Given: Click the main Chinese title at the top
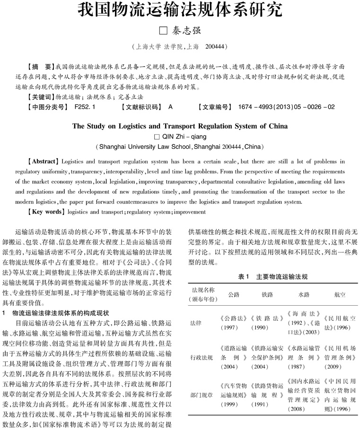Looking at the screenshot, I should (x=180, y=10).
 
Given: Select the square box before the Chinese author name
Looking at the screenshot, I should (x=162, y=31).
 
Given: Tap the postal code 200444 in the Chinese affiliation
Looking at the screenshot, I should (x=216, y=47).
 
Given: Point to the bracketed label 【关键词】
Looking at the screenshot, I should (x=41, y=97).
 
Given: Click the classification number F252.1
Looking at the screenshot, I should (x=85, y=107).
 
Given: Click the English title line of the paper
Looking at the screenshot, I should (x=180, y=126).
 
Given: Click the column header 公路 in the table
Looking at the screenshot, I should (x=234, y=294).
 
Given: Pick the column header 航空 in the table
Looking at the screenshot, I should (x=339, y=294).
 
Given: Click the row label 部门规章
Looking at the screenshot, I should (x=202, y=393).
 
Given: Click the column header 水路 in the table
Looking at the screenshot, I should (x=304, y=294).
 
